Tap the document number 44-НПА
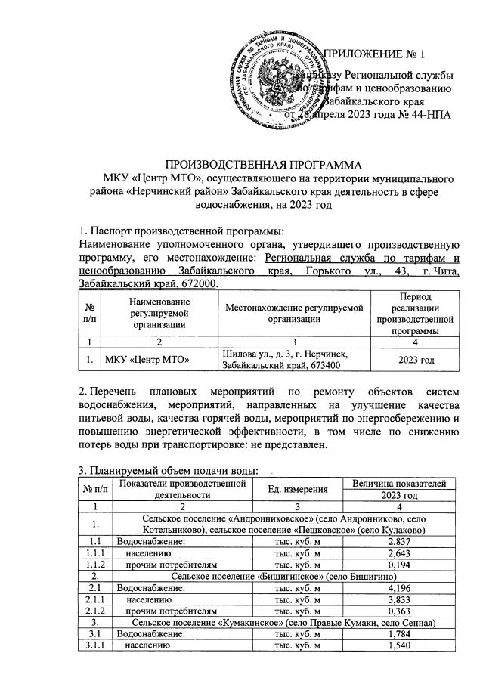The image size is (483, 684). (x=429, y=113)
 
